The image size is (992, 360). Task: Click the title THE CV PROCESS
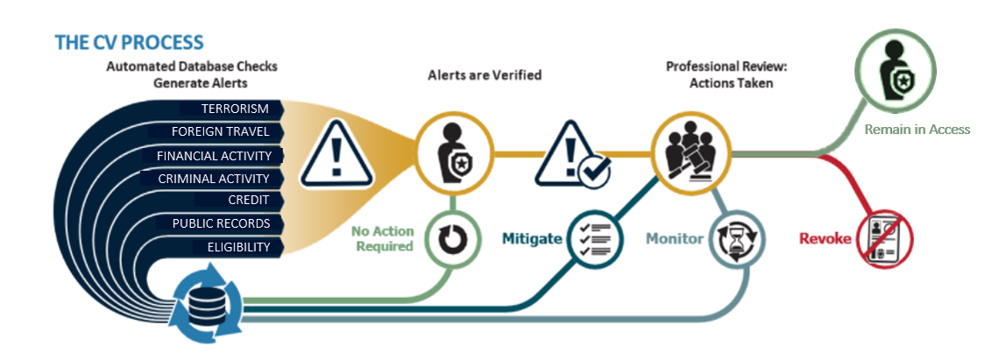click(x=129, y=42)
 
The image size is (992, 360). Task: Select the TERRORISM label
click(x=235, y=109)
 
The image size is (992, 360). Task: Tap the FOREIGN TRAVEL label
click(x=222, y=132)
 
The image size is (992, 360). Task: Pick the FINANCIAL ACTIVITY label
click(x=214, y=156)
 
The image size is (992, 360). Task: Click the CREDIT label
click(x=249, y=201)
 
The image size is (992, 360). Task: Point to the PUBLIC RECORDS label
click(x=221, y=223)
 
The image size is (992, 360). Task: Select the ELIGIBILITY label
click(x=238, y=247)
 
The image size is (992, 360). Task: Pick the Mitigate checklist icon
click(x=595, y=238)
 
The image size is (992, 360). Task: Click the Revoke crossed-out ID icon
click(x=885, y=236)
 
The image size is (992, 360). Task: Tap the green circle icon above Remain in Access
click(x=896, y=68)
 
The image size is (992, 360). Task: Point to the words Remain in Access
click(x=918, y=129)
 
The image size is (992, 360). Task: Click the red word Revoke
click(x=825, y=238)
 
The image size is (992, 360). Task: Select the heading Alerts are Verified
click(x=484, y=75)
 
